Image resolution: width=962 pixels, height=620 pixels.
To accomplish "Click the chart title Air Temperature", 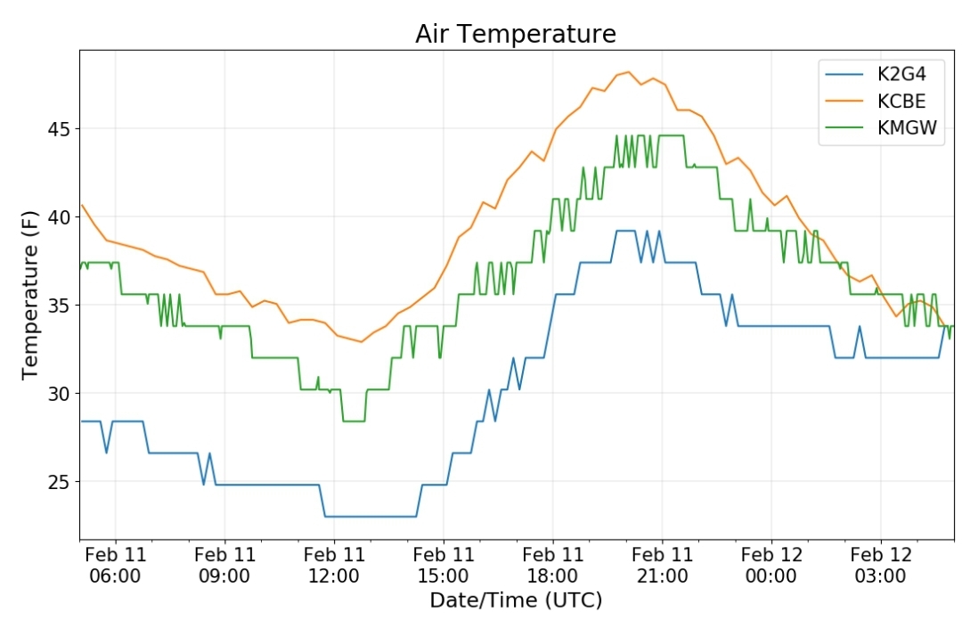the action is [x=516, y=35].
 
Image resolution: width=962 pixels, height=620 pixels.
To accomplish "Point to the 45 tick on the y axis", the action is [x=59, y=129].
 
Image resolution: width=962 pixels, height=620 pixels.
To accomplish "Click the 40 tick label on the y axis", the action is [x=59, y=217].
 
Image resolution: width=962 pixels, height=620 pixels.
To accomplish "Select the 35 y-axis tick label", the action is [x=59, y=306].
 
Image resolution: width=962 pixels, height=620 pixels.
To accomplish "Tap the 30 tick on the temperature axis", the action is [x=59, y=394].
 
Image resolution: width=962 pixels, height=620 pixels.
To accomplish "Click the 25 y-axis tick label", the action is [x=59, y=482].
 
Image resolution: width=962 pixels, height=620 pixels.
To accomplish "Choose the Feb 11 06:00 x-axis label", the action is [x=115, y=566].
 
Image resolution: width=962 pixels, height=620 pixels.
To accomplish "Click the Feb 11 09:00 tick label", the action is [x=224, y=566].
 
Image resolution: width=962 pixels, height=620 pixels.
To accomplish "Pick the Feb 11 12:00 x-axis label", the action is [x=334, y=566].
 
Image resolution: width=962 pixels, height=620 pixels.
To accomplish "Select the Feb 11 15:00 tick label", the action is [x=444, y=566].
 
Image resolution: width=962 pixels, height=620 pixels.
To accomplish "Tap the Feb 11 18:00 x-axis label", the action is [x=553, y=566].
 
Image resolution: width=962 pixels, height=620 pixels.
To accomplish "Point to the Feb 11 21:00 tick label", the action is [x=662, y=566].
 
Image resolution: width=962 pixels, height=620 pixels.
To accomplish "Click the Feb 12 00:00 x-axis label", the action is [x=771, y=566].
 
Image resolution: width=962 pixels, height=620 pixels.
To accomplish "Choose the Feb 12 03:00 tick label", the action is [x=881, y=566].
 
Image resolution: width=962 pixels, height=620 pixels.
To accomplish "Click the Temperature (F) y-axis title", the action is [x=30, y=295].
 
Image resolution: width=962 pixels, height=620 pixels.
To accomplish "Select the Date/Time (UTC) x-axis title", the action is [x=516, y=600].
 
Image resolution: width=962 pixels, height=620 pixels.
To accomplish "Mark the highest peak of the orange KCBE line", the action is [x=628, y=72].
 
